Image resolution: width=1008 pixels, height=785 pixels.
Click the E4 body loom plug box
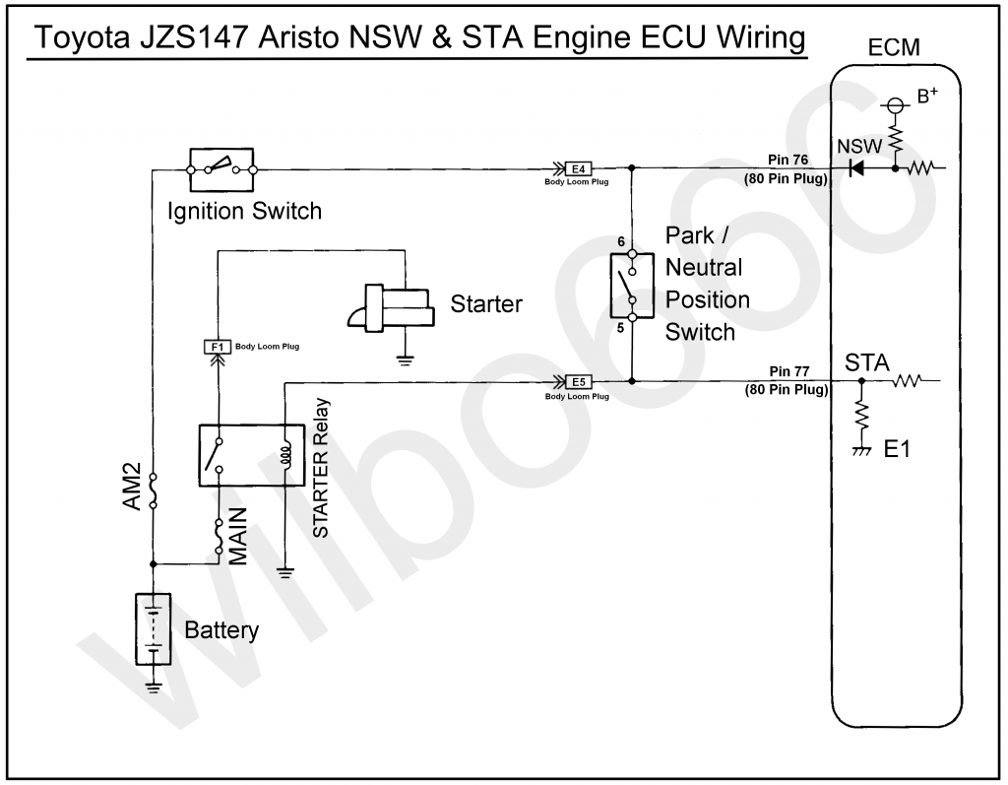[579, 169]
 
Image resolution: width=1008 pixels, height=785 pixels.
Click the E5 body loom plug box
[579, 382]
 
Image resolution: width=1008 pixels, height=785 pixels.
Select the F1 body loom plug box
[218, 348]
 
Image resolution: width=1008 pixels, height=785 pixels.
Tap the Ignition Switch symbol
[221, 169]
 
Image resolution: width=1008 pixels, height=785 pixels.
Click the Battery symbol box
[153, 628]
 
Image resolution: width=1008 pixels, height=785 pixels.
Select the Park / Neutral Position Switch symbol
[632, 286]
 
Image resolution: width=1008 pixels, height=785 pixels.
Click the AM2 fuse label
[132, 488]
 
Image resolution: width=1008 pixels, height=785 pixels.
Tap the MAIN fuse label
[238, 537]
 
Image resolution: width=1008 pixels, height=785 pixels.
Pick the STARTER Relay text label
[320, 468]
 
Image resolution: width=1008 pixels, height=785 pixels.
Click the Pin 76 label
[787, 161]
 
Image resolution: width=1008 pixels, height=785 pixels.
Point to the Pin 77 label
[788, 372]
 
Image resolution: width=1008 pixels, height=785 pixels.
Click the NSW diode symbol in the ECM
[856, 168]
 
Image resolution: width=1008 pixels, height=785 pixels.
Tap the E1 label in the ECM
[897, 449]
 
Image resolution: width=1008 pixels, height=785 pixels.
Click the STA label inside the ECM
[866, 363]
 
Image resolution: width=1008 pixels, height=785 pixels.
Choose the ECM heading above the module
[894, 47]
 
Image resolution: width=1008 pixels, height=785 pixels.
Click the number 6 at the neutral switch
[621, 242]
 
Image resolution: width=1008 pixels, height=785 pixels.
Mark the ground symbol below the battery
[153, 687]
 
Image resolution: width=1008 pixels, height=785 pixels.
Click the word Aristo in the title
[297, 37]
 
